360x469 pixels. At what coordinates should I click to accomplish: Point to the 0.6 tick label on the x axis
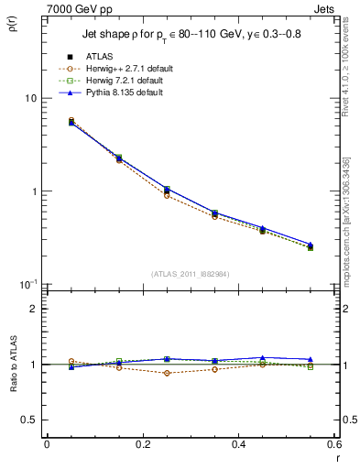click(x=333, y=444)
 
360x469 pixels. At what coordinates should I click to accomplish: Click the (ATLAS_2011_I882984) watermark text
click(x=191, y=273)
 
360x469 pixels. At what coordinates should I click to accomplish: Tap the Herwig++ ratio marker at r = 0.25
click(x=167, y=373)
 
